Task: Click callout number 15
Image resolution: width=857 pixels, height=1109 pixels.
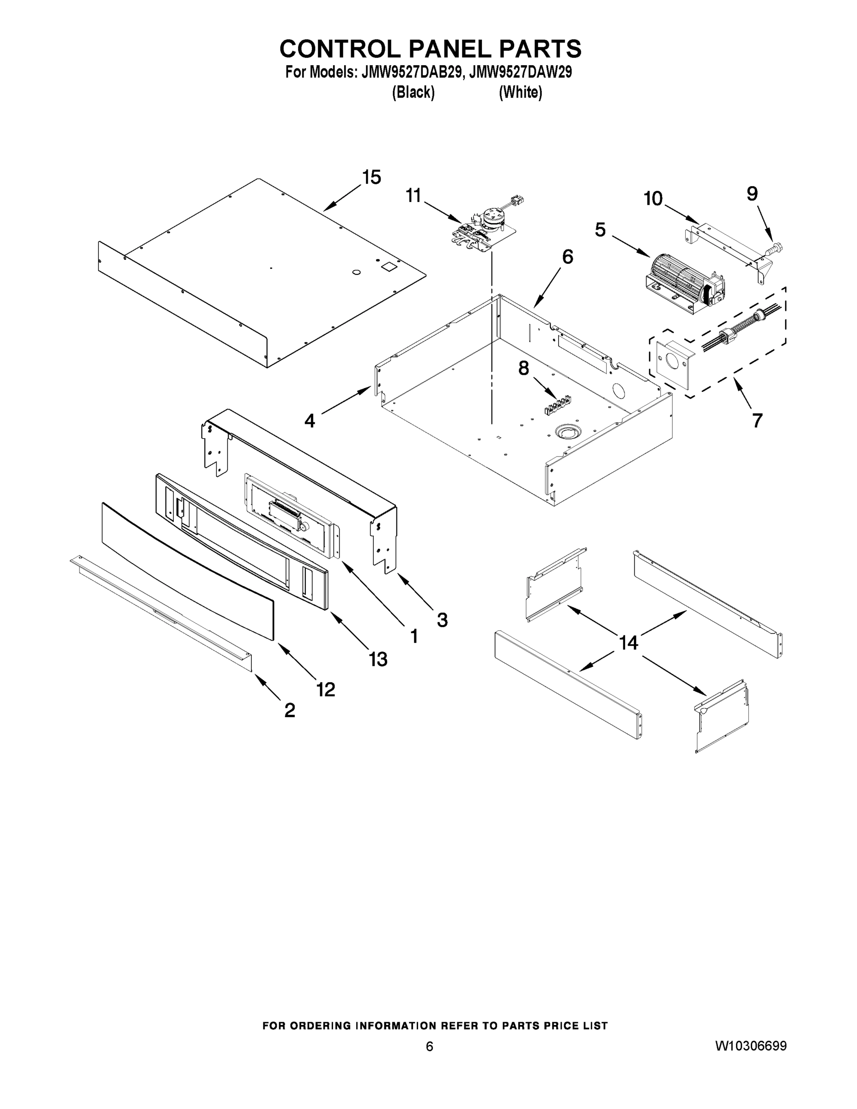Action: point(371,177)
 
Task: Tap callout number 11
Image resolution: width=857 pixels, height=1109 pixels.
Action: point(413,195)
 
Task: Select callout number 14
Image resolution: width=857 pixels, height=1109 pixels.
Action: point(628,643)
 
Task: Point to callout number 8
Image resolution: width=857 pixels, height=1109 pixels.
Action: point(523,368)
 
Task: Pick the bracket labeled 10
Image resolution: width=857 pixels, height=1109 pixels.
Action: point(726,248)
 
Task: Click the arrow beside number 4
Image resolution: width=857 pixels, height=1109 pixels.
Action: point(345,402)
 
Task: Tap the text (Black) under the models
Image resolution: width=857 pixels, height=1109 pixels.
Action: point(413,92)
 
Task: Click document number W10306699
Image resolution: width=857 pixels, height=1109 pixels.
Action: point(751,1046)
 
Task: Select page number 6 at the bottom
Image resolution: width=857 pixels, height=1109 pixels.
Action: point(429,1047)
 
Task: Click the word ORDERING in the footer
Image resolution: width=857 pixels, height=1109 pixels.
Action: point(320,1026)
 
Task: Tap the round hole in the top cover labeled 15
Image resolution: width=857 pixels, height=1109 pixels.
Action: point(356,273)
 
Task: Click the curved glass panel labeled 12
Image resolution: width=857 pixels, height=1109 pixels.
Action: point(188,569)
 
